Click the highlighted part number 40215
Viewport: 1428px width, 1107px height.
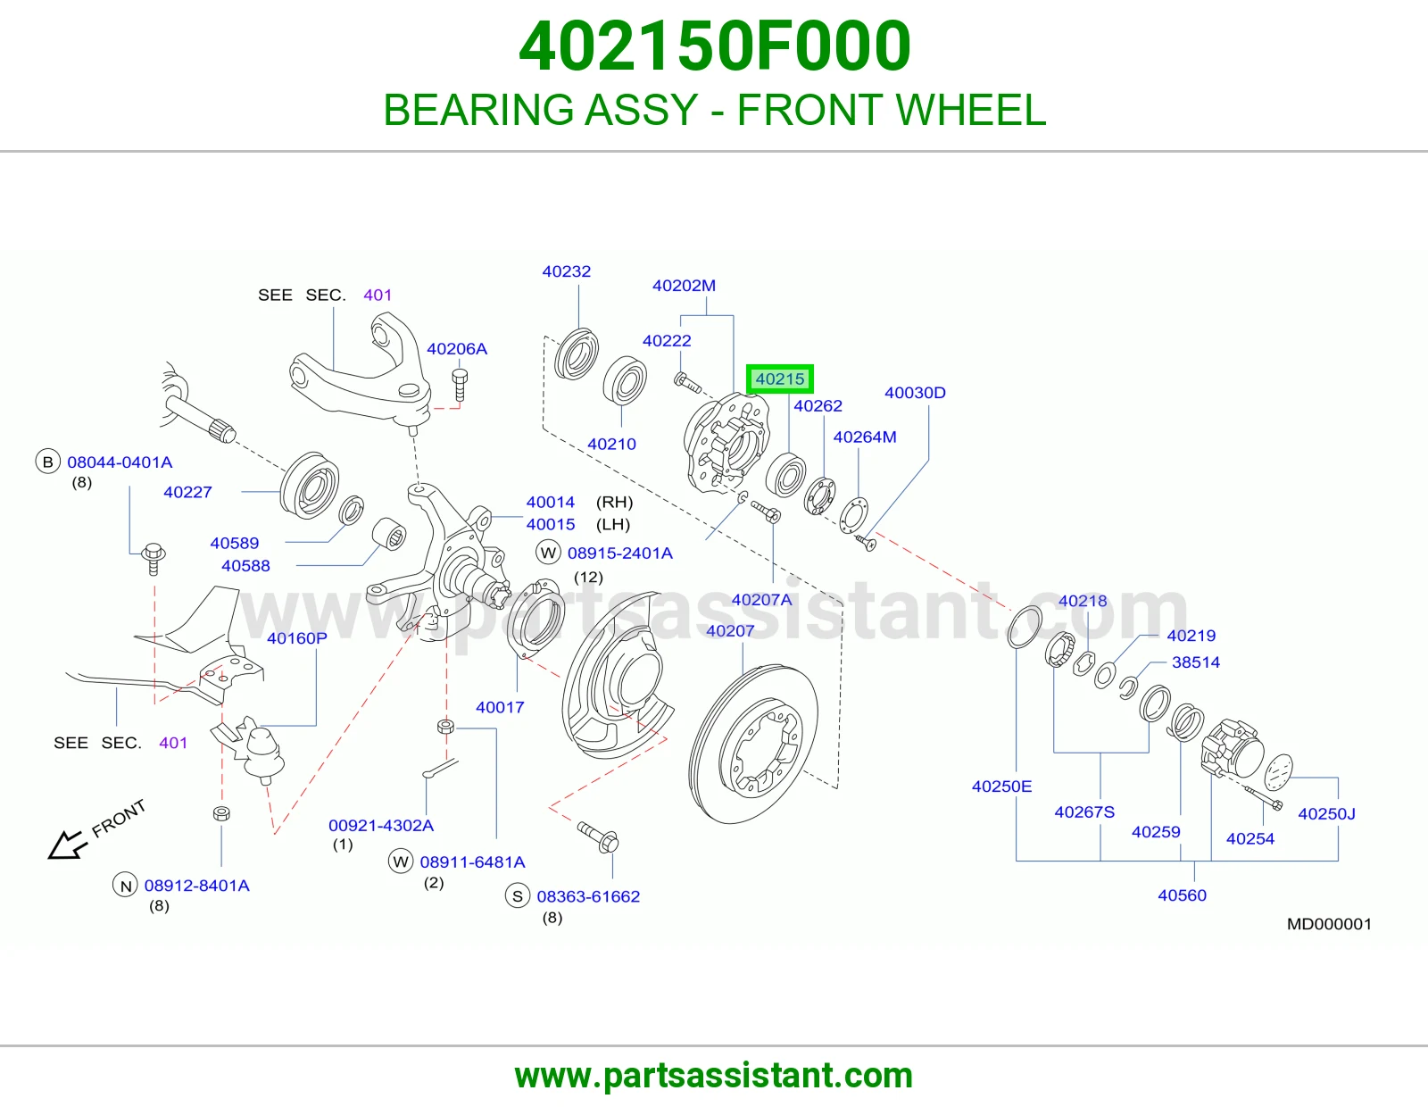pyautogui.click(x=779, y=379)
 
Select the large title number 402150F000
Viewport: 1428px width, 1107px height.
pyautogui.click(x=714, y=46)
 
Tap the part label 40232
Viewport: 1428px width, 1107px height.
pyautogui.click(x=567, y=271)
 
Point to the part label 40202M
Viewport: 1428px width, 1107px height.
pyautogui.click(x=684, y=286)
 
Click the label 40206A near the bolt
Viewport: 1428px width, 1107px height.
pyautogui.click(x=457, y=349)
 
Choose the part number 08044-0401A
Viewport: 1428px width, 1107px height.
pyautogui.click(x=120, y=462)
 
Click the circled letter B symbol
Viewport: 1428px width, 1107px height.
pyautogui.click(x=48, y=462)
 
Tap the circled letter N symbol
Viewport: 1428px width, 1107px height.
pyautogui.click(x=126, y=886)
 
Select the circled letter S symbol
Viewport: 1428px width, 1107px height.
pyautogui.click(x=518, y=896)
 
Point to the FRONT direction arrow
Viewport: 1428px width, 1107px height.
pyautogui.click(x=68, y=844)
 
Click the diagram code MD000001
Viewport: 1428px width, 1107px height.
pyautogui.click(x=1329, y=924)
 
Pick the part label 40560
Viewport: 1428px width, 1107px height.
pyautogui.click(x=1183, y=895)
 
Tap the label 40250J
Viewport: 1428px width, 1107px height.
pyautogui.click(x=1327, y=814)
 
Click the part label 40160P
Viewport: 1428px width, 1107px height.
pyautogui.click(x=297, y=638)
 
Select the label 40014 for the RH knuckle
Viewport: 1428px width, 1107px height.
pyautogui.click(x=551, y=503)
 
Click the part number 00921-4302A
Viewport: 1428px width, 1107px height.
pyautogui.click(x=381, y=826)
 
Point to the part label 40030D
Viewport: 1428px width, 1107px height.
pyautogui.click(x=916, y=393)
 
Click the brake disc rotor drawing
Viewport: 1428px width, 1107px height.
pyautogui.click(x=753, y=744)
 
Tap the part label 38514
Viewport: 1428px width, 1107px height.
pyautogui.click(x=1196, y=662)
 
